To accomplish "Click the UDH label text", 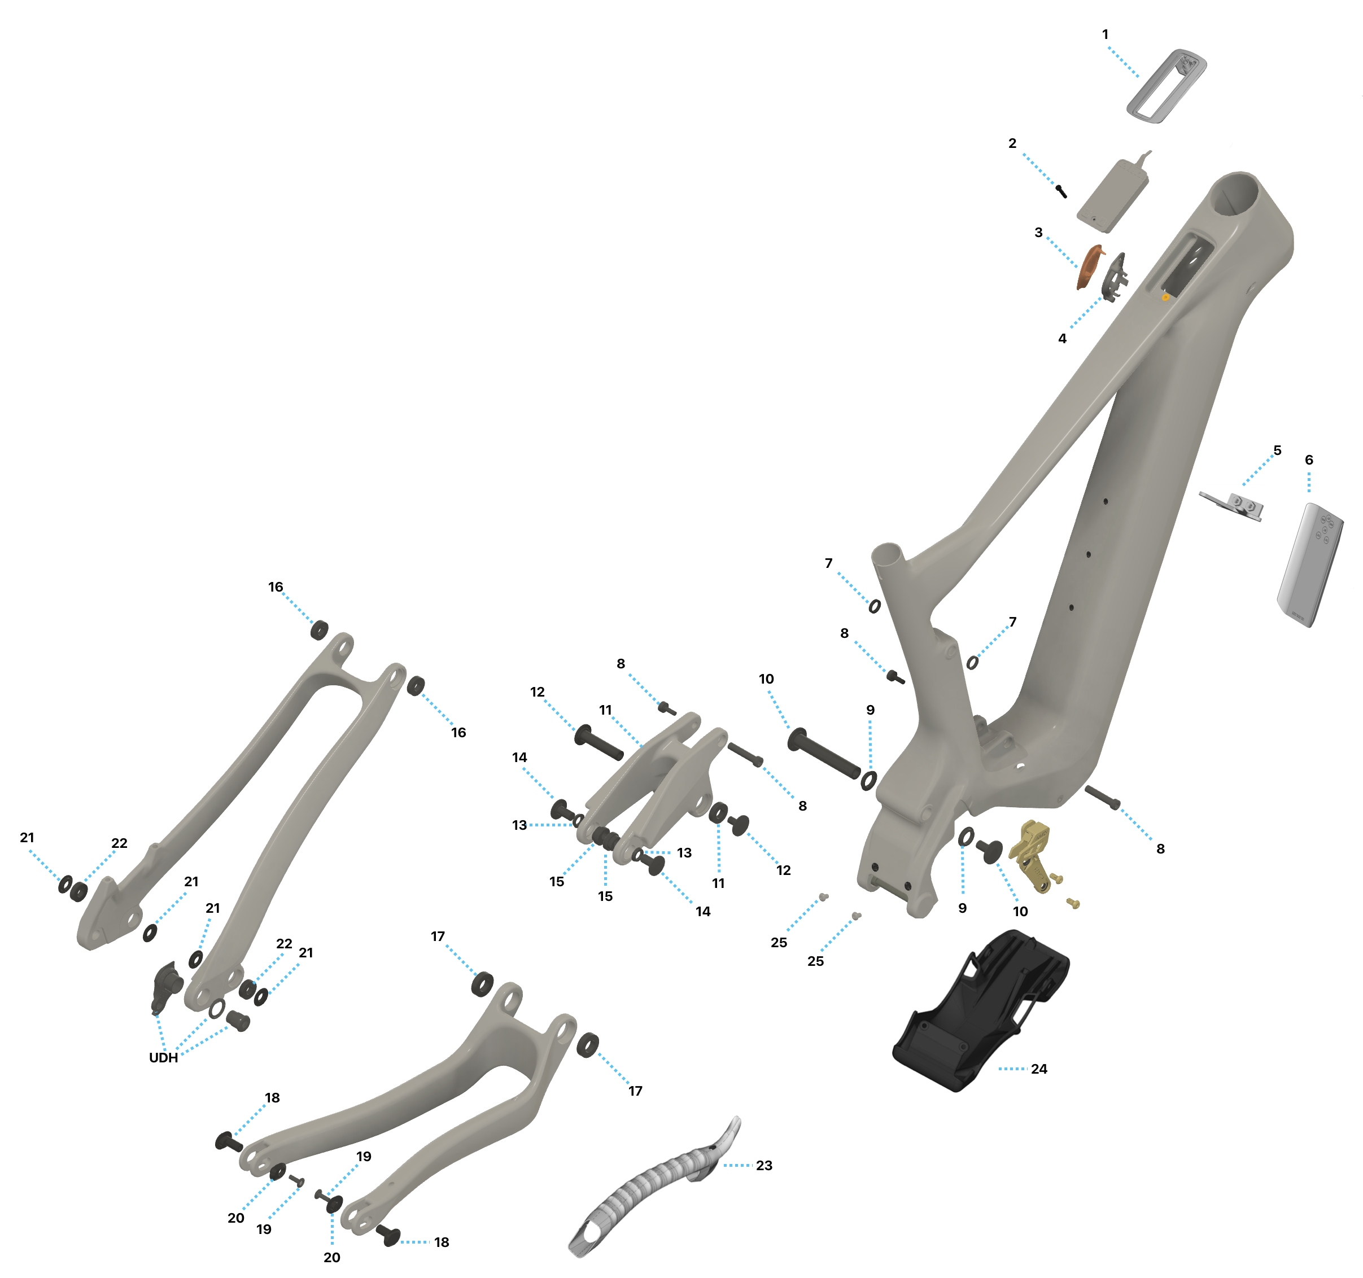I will pos(163,1057).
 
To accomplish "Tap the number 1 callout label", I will pos(1104,34).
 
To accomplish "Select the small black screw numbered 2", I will pos(1061,191).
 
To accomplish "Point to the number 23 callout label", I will pos(764,1165).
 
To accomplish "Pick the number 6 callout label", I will pos(1309,459).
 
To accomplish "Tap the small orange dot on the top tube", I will pos(1165,297).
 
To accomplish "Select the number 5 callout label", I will pos(1277,450).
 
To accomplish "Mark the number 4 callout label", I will pos(1062,338).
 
